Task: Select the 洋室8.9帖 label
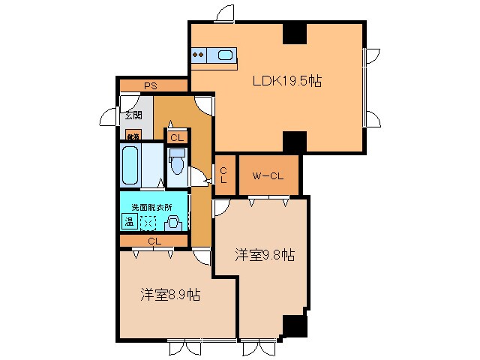pyautogui.click(x=169, y=295)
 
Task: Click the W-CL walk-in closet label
pyautogui.click(x=268, y=176)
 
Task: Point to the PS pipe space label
pyautogui.click(x=151, y=85)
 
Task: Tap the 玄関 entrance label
pyautogui.click(x=133, y=115)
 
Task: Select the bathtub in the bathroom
pyautogui.click(x=130, y=165)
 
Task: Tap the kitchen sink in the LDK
pyautogui.click(x=224, y=55)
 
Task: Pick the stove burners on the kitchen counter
pyautogui.click(x=199, y=55)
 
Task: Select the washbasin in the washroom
pyautogui.click(x=173, y=222)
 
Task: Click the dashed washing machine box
pyautogui.click(x=149, y=222)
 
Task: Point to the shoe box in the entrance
pyautogui.click(x=133, y=136)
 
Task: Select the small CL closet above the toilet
pyautogui.click(x=176, y=138)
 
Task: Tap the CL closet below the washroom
pyautogui.click(x=154, y=241)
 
